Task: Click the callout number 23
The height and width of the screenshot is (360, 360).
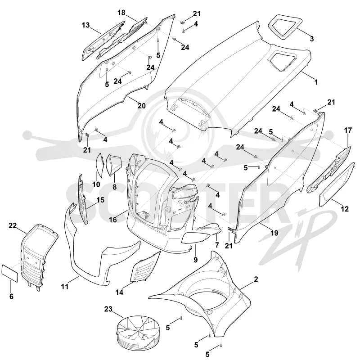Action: point(108,309)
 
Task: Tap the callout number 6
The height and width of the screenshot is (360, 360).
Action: point(11,297)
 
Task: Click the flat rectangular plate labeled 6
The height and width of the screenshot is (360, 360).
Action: point(10,273)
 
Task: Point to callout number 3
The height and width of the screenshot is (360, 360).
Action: point(311,39)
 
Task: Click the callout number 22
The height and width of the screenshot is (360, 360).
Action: point(13,226)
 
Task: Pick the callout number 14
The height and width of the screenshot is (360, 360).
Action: point(119,292)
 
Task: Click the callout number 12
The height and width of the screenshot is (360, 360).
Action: point(345,209)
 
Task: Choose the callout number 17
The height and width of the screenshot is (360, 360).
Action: point(348,130)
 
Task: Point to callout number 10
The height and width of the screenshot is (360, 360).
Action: point(96,184)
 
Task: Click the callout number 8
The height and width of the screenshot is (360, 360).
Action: point(115,187)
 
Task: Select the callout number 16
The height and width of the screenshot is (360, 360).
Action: point(113,220)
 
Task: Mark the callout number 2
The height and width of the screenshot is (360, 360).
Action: point(256,279)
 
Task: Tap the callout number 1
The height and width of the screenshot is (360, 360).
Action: point(316,82)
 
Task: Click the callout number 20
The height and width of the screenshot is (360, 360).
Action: point(142,106)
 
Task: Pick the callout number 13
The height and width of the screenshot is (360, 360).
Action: point(85,25)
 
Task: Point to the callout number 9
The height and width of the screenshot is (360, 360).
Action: point(196,260)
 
